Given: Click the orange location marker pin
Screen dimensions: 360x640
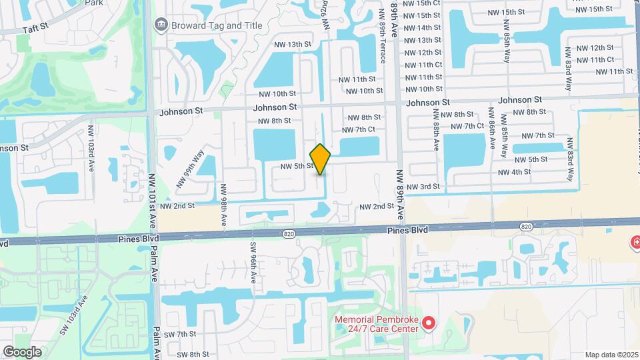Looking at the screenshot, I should (321, 159).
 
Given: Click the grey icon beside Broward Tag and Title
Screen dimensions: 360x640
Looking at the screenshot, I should (161, 25).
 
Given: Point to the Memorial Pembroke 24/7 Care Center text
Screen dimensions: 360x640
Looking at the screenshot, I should (377, 324).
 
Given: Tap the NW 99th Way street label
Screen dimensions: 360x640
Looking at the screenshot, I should (190, 171).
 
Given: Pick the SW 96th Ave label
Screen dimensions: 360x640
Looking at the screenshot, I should (254, 263).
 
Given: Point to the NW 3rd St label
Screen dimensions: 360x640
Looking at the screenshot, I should (423, 187).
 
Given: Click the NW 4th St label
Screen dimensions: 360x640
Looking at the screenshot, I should (514, 172).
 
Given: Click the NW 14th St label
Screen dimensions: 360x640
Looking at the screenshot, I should (423, 27).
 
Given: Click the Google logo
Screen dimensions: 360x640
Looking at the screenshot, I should (22, 351).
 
